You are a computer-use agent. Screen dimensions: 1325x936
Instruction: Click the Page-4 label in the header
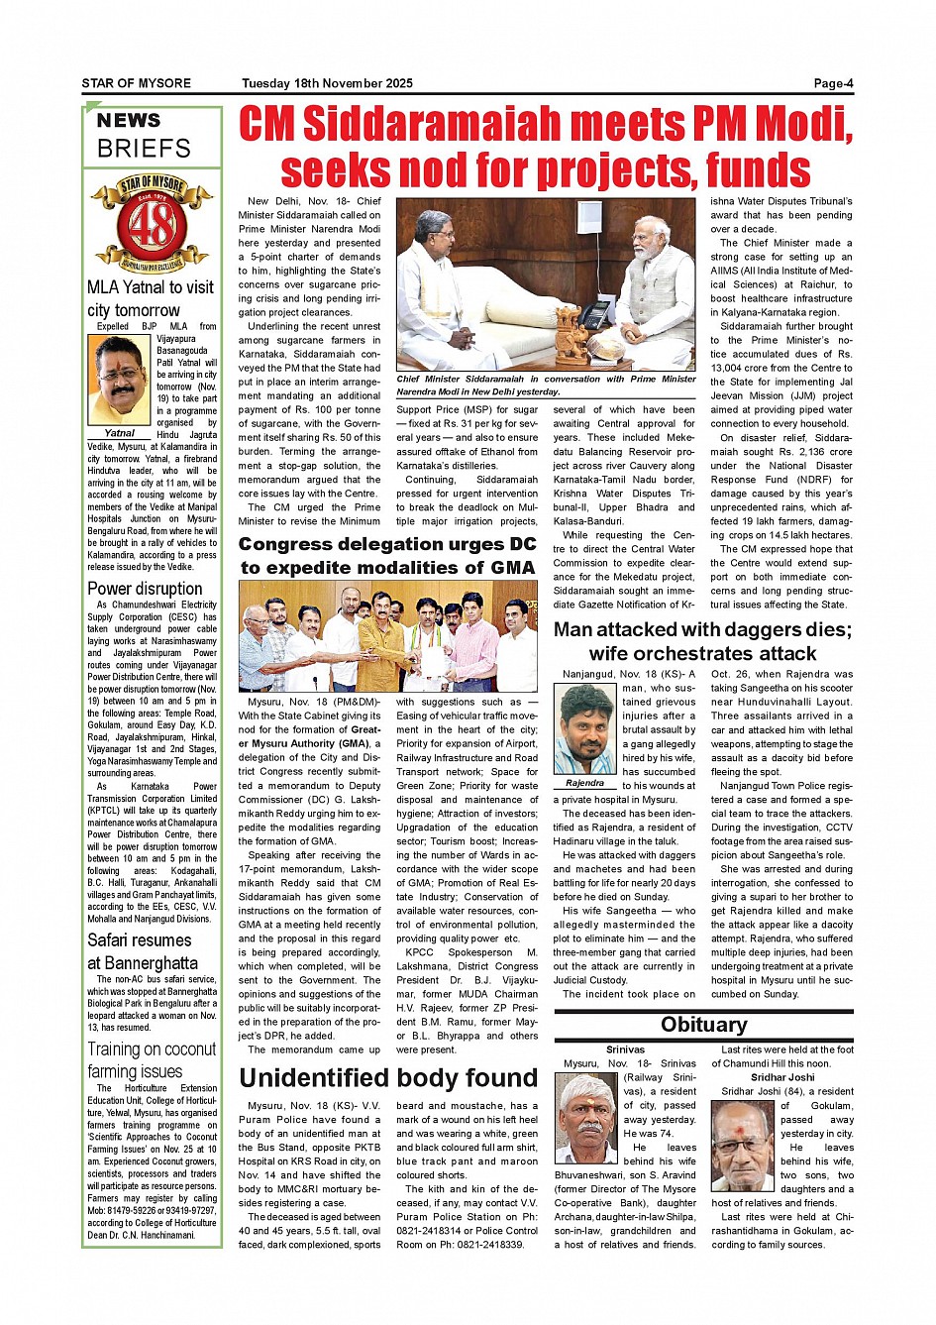point(832,83)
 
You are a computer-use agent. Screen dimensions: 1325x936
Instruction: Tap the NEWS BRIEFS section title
point(144,135)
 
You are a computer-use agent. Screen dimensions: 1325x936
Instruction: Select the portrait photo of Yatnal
point(119,381)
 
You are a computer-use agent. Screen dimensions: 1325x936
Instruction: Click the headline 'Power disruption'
point(145,589)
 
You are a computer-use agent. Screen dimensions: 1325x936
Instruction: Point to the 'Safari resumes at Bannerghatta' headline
point(143,951)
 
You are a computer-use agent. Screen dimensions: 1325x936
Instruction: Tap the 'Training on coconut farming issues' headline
point(152,1059)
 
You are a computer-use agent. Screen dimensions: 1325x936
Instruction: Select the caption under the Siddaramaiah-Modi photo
point(546,386)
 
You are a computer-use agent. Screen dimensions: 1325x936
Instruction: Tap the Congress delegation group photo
point(387,636)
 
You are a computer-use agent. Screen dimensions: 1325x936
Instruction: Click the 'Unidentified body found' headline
point(388,1078)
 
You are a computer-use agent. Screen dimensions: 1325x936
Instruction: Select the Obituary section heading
point(703,1025)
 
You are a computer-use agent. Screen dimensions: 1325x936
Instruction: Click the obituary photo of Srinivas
point(586,1119)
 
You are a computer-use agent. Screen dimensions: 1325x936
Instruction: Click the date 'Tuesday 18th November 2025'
point(327,83)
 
